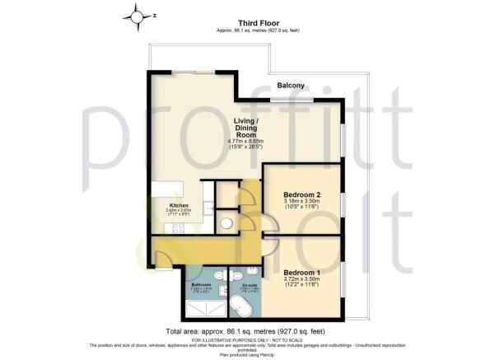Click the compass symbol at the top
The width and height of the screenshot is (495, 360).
[x=133, y=14]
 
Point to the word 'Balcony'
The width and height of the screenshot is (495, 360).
[x=291, y=84]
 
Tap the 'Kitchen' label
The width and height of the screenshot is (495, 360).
[x=179, y=205]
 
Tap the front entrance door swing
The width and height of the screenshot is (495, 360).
[x=164, y=261]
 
